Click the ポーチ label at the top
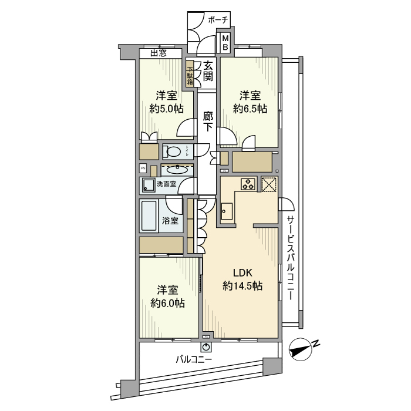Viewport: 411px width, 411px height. pos(218,20)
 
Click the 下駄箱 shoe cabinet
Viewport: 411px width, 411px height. pos(190,73)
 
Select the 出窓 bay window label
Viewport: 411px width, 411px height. pos(158,53)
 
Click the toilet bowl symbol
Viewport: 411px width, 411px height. pos(174,151)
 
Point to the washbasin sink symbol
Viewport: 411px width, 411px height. pos(174,170)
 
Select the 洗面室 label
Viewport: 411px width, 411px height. pos(166,184)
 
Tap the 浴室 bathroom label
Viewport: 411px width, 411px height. pos(171,221)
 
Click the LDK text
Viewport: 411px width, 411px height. pos(242,272)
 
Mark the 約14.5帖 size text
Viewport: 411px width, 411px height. pos(242,286)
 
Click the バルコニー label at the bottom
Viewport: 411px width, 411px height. pos(194,359)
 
